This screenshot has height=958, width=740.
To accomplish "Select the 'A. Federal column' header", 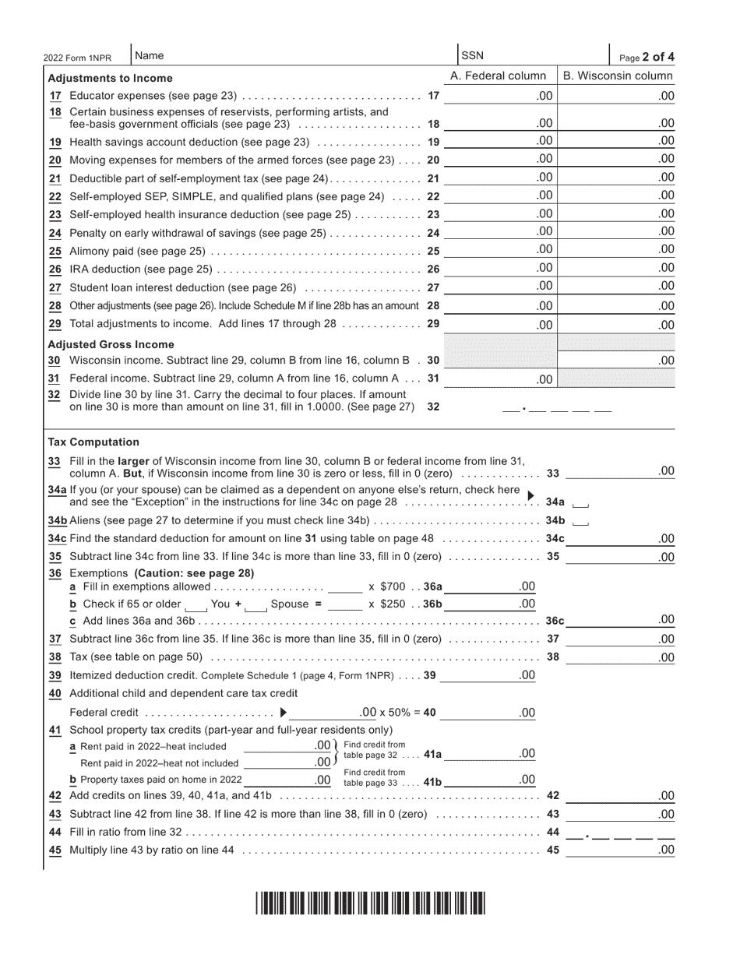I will (499, 76).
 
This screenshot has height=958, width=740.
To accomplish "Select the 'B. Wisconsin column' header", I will (618, 76).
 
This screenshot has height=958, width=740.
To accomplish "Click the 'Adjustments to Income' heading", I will (111, 78).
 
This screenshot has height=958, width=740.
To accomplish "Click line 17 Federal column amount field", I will (499, 96).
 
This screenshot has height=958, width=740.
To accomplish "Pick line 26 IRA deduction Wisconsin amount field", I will (618, 268).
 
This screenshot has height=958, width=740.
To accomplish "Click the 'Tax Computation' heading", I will (93, 442).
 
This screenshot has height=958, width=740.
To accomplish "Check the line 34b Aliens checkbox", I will (581, 521).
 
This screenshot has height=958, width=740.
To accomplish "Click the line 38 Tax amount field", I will (620, 657).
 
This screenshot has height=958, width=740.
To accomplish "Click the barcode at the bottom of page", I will (370, 903).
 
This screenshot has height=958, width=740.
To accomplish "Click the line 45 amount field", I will (620, 851).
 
